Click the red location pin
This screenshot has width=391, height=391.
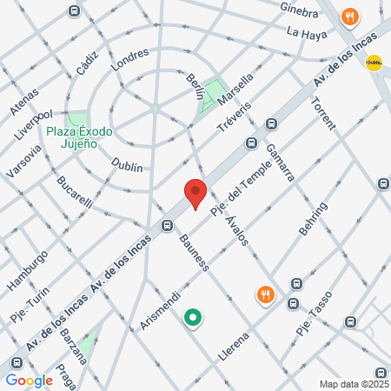(x=195, y=193)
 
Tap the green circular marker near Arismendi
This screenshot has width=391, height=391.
(x=193, y=320)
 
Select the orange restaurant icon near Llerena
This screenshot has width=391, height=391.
(x=266, y=295)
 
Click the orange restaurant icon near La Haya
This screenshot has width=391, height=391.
(x=350, y=17)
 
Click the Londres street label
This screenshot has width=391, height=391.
(x=129, y=58)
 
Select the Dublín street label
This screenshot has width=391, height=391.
(x=127, y=163)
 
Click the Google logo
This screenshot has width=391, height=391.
(x=29, y=380)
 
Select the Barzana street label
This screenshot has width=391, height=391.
(x=75, y=345)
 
